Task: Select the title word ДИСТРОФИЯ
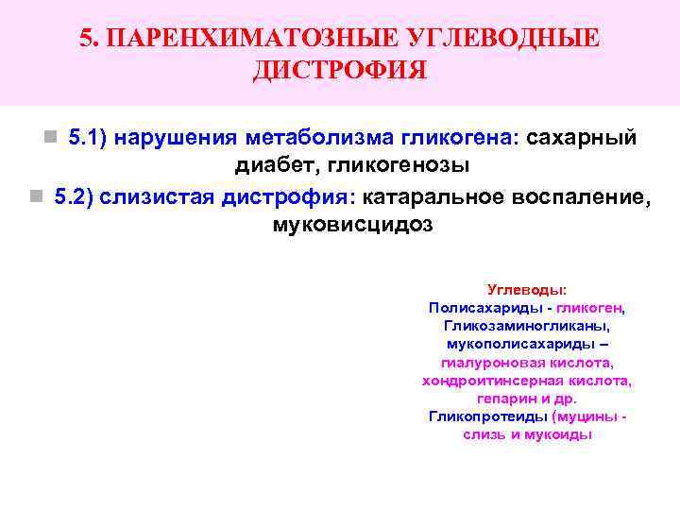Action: click(x=339, y=71)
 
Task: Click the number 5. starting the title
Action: click(x=90, y=38)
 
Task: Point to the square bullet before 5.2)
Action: click(x=35, y=197)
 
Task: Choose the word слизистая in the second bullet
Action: click(x=158, y=197)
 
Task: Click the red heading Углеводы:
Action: click(x=527, y=290)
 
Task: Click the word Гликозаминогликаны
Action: click(x=527, y=326)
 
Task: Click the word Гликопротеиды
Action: click(x=488, y=416)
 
